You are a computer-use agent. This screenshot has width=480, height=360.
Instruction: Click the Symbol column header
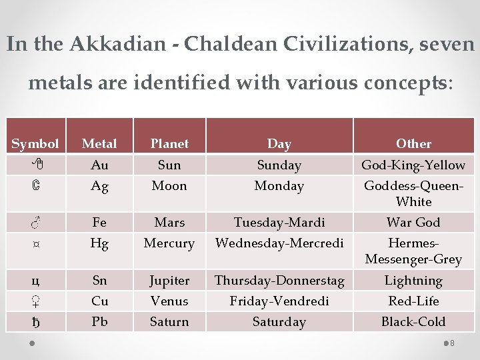(35, 143)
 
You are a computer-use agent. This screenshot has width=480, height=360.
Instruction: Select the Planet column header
(169, 143)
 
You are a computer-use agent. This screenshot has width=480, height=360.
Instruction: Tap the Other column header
(413, 143)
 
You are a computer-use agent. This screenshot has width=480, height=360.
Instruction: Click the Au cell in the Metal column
(99, 165)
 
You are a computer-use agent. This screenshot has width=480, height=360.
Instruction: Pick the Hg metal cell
(99, 243)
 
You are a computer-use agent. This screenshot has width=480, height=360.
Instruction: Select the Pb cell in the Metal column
(99, 321)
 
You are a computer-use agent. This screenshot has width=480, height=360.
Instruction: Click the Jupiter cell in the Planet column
(169, 281)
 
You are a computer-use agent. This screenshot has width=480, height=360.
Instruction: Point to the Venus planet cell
(169, 301)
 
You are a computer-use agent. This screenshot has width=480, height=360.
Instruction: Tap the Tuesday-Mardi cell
(279, 222)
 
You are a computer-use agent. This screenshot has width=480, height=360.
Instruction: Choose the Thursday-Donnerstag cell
(279, 281)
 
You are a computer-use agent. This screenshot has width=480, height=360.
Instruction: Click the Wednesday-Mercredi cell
(279, 243)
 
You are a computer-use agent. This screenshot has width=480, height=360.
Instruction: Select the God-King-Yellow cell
(413, 165)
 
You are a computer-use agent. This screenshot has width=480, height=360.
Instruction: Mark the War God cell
(413, 222)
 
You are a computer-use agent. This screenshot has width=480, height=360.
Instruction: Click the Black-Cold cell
(413, 321)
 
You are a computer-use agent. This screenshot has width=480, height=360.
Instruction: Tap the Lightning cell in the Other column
(413, 281)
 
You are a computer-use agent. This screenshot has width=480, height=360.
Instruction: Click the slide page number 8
(452, 343)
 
